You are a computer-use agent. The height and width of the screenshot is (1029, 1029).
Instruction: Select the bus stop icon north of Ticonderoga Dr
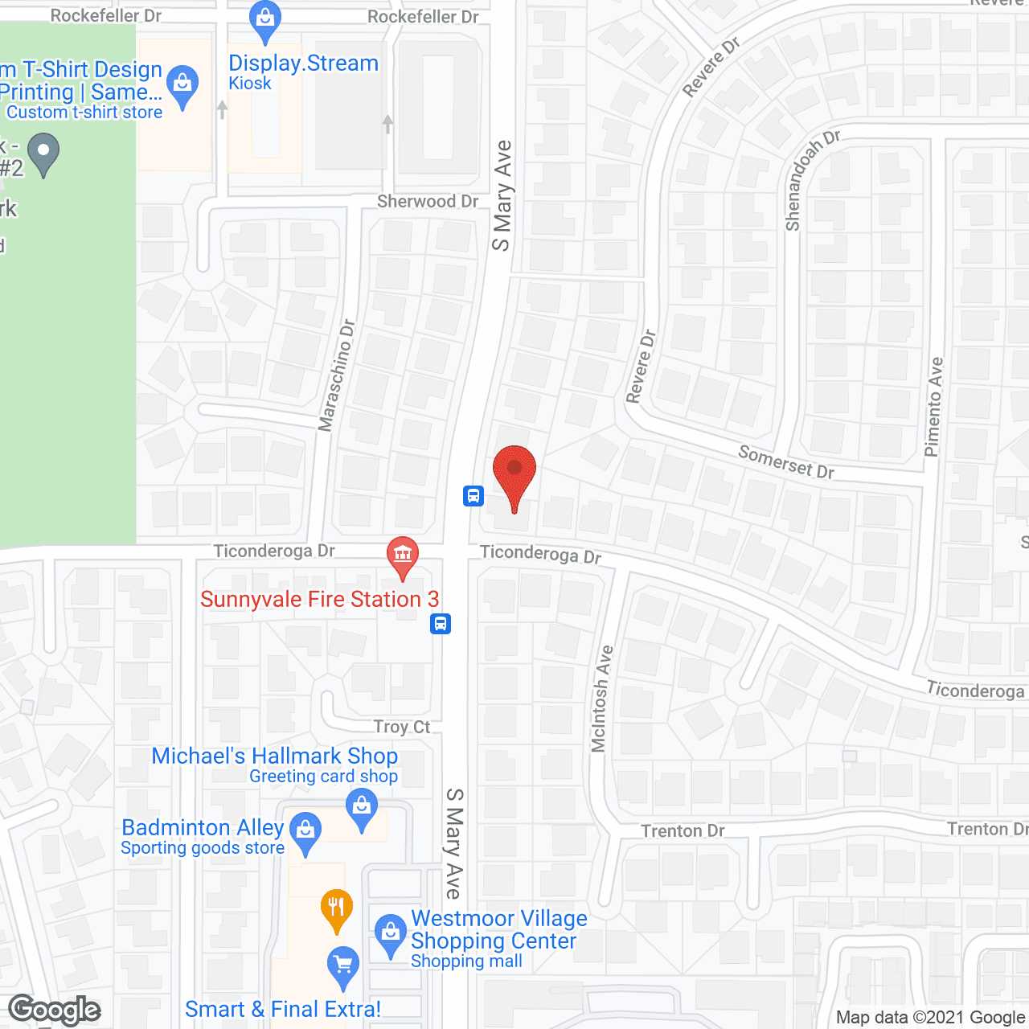(473, 495)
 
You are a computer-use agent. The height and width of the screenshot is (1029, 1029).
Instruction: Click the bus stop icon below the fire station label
(441, 624)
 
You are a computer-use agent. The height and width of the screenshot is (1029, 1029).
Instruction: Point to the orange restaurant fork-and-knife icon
(336, 908)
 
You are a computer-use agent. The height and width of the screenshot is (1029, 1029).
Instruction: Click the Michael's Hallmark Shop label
(275, 756)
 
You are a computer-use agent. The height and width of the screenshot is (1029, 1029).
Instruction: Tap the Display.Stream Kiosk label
(302, 71)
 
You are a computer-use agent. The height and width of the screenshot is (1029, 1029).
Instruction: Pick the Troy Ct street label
(402, 727)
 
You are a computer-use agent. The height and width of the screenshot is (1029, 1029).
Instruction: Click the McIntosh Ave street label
(601, 699)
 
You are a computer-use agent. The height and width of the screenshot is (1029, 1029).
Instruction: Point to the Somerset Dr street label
(785, 462)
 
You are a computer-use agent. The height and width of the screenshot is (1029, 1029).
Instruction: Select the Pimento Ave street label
(933, 407)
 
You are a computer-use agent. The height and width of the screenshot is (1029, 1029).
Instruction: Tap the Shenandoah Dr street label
(810, 181)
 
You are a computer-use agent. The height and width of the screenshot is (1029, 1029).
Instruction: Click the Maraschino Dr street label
(337, 375)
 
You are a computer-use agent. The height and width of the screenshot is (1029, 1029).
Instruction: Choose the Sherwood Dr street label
(428, 201)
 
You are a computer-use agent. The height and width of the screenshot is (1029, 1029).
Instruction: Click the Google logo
(55, 1010)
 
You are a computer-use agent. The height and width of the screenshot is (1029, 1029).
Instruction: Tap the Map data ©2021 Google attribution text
(930, 1018)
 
